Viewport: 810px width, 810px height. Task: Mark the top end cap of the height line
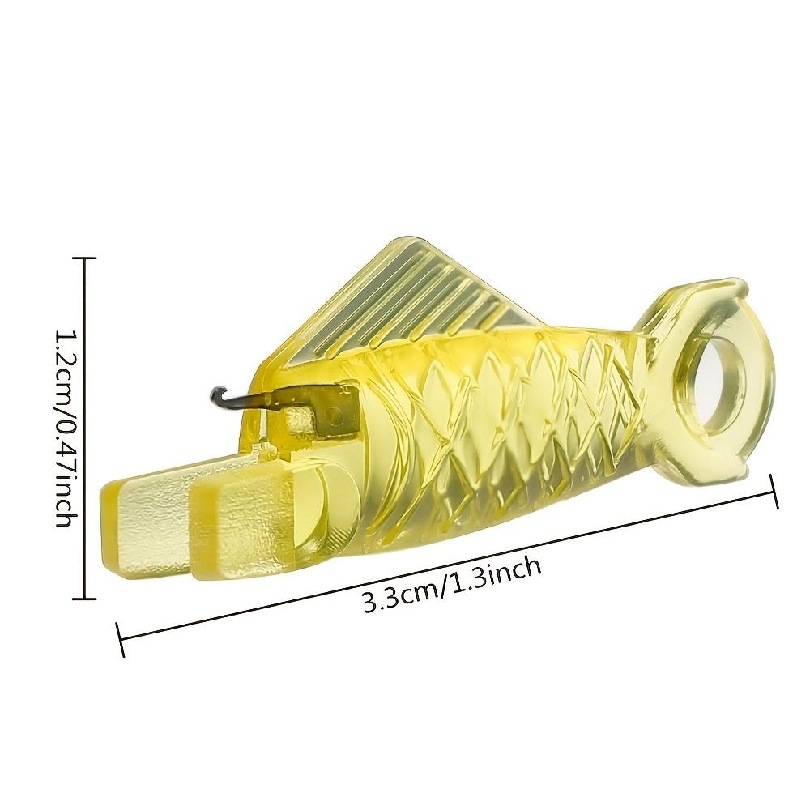(84, 258)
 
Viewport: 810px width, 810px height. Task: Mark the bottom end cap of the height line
(84, 599)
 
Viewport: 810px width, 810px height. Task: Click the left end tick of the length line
(122, 639)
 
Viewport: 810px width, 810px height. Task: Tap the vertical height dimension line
(84, 429)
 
